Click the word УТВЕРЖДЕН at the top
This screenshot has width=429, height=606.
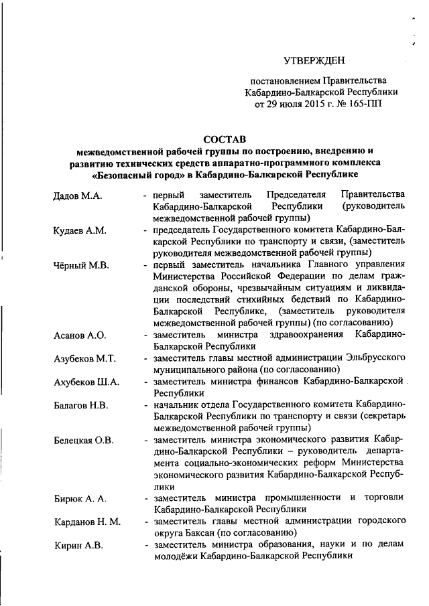[315, 60]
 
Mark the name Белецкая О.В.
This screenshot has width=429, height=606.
[84, 440]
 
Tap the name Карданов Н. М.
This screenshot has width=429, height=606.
[87, 522]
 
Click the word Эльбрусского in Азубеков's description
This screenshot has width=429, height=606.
[374, 358]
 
